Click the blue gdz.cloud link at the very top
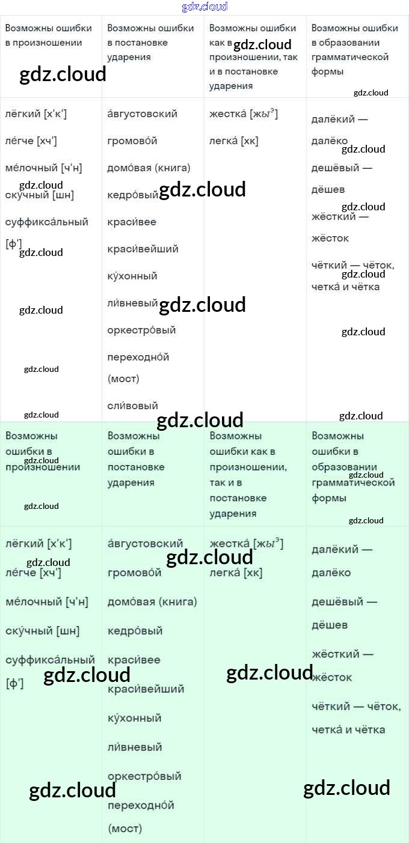point(204,7)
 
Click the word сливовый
point(132,406)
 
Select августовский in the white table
point(142,114)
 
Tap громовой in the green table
point(135,573)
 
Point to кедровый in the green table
point(135,631)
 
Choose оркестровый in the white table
point(141,330)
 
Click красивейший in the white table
point(143,249)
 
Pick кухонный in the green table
point(135,718)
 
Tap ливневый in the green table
point(135,747)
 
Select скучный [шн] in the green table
point(42,631)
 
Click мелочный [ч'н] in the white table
point(43,168)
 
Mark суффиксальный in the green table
point(50,660)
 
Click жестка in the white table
point(229,114)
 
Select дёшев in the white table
point(328,189)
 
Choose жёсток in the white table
point(330,238)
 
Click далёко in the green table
point(331,573)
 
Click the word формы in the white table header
point(327,72)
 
